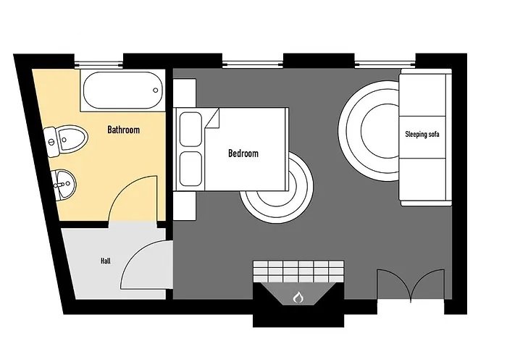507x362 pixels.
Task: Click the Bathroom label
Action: [124, 130]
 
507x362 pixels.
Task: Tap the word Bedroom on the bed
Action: [243, 153]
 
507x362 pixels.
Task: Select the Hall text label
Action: [106, 261]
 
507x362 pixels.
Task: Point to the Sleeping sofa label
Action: [422, 134]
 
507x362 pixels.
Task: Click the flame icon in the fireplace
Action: [298, 298]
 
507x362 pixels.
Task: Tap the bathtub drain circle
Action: [156, 90]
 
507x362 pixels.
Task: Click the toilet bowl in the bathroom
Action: [72, 139]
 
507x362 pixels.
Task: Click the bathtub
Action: [122, 90]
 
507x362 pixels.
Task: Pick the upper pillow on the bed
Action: [190, 129]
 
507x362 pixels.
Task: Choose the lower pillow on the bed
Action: [190, 169]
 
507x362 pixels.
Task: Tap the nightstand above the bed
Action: [184, 93]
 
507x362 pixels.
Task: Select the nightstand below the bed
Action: [184, 206]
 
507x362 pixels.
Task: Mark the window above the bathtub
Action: [99, 64]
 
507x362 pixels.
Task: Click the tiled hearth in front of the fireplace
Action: [298, 271]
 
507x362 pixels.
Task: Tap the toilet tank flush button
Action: [51, 142]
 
